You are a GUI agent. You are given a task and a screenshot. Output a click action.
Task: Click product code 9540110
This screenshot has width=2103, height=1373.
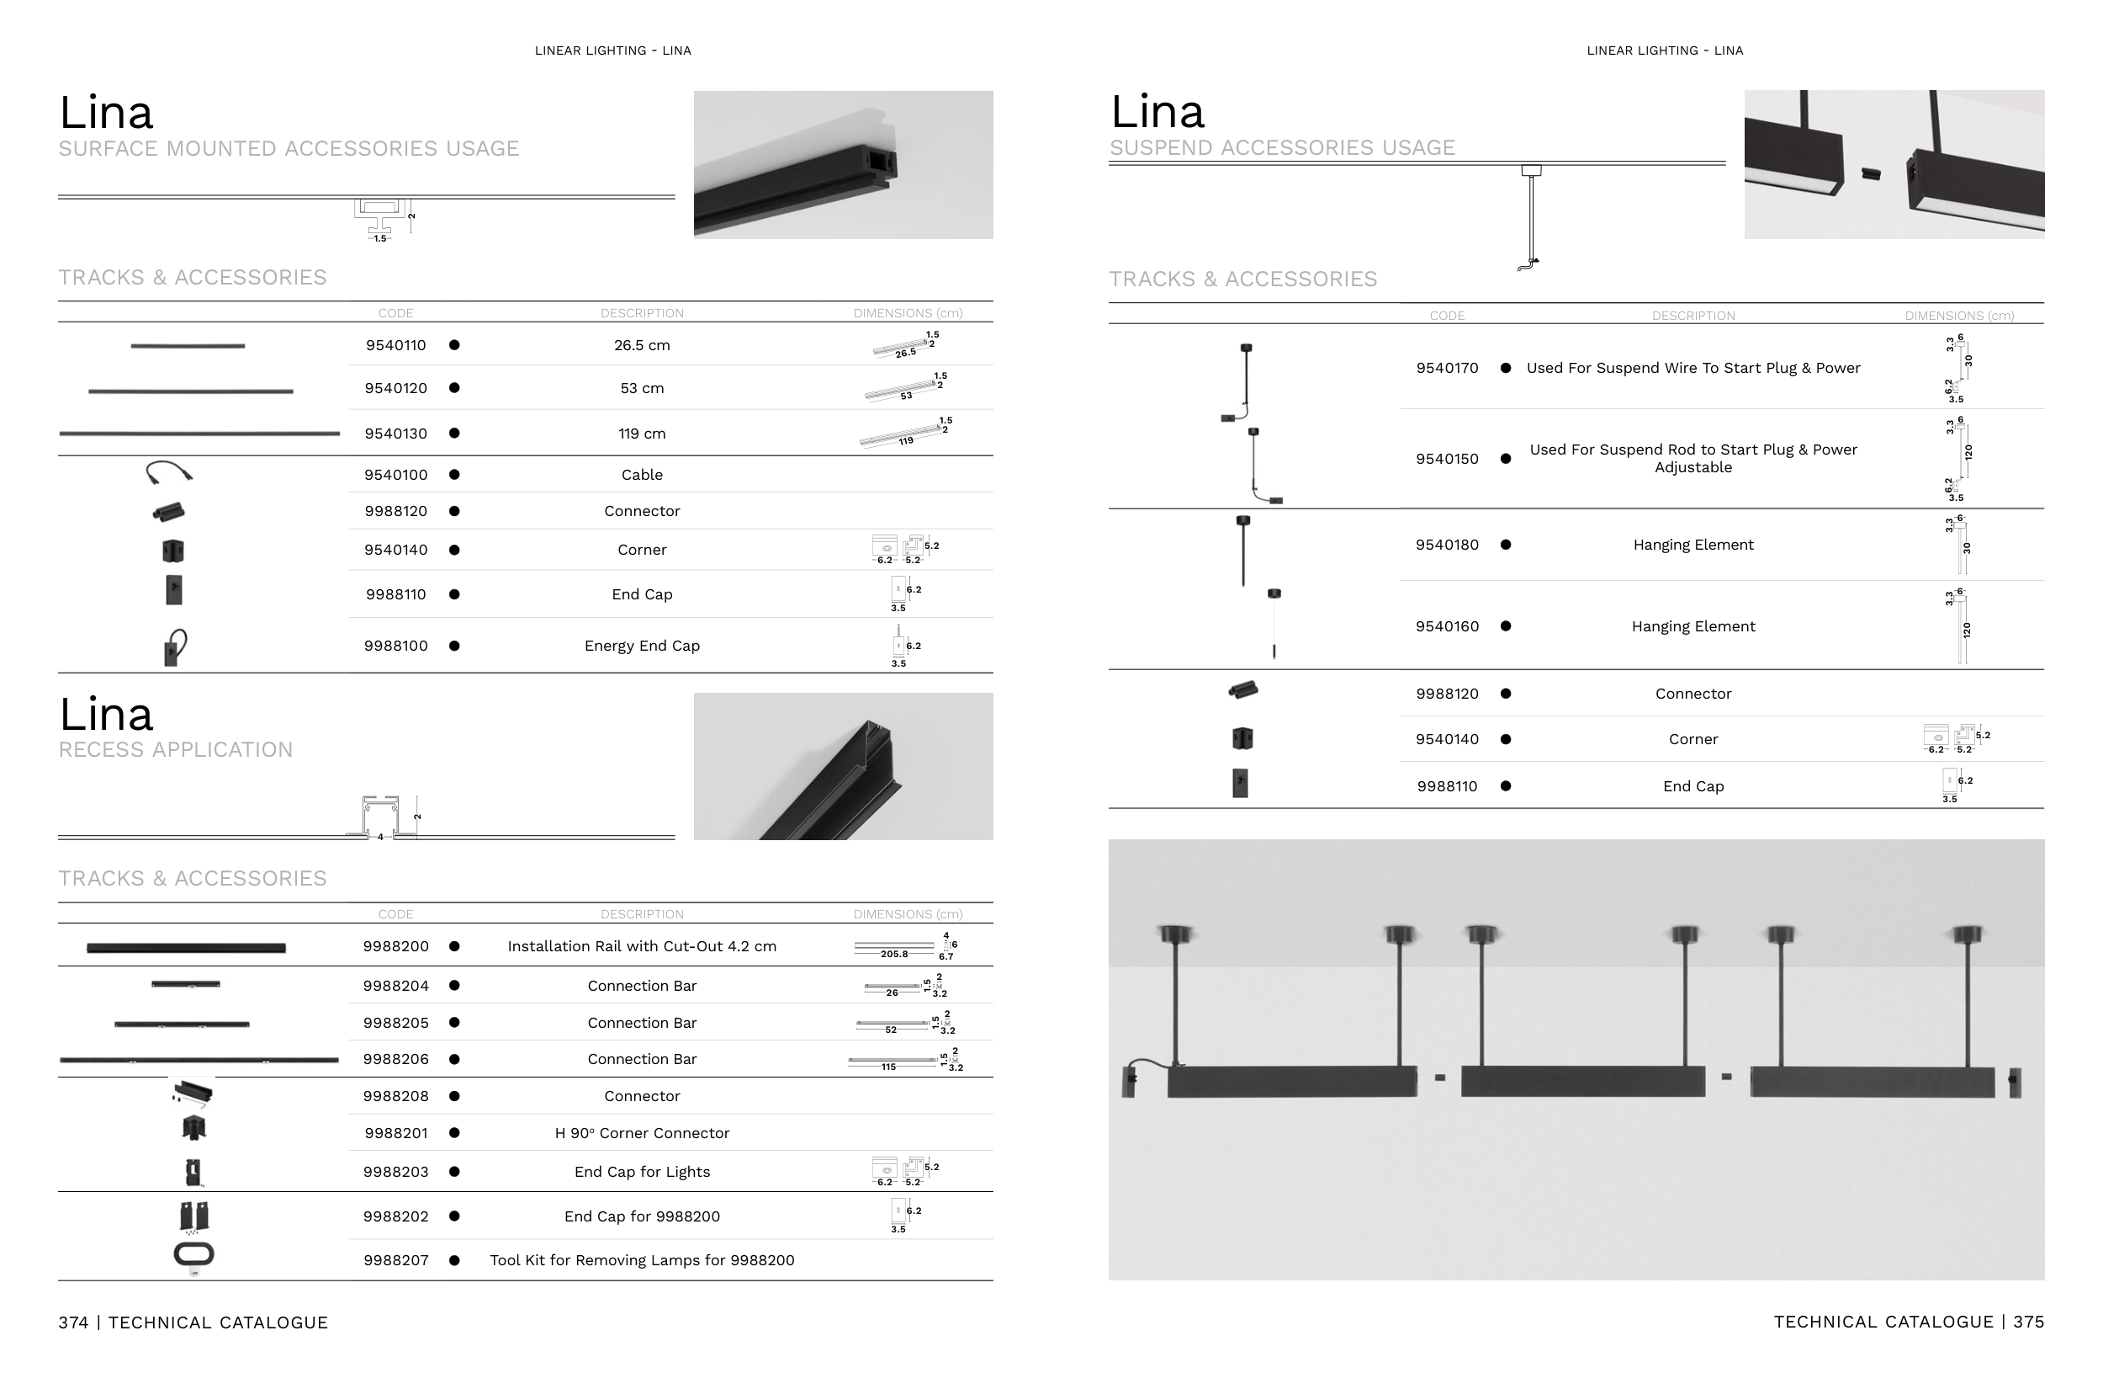click(396, 346)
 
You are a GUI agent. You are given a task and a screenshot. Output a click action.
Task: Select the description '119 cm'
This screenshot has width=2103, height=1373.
click(642, 434)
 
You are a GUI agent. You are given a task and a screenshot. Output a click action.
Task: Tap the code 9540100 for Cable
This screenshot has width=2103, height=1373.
click(396, 475)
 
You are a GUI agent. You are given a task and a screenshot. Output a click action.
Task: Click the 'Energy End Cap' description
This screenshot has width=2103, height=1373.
click(642, 647)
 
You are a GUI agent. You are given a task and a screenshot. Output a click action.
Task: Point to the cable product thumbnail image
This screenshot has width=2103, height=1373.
click(169, 473)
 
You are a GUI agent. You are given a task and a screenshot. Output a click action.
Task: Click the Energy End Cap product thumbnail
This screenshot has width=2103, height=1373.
click(175, 647)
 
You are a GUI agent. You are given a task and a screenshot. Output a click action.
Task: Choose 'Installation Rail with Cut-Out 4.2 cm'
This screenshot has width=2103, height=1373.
click(642, 947)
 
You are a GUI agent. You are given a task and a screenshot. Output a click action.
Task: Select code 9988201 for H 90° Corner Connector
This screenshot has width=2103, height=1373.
click(396, 1133)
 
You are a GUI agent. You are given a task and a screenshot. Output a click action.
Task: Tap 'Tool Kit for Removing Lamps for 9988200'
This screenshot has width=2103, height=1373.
click(642, 1261)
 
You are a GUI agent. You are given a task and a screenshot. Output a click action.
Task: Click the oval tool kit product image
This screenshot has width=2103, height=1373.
click(194, 1254)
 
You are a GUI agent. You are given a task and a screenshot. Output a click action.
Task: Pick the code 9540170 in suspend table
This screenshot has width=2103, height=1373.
click(1447, 369)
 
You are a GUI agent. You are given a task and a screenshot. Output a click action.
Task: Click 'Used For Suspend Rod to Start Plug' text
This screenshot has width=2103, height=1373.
click(1693, 450)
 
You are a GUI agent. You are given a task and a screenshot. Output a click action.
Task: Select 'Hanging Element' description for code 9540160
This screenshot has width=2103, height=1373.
click(1693, 627)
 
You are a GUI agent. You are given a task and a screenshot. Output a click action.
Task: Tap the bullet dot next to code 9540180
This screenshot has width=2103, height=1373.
click(1506, 545)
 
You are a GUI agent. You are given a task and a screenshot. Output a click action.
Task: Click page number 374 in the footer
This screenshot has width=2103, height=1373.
click(73, 1322)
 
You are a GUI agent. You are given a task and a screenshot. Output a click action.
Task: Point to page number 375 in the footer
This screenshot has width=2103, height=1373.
click(2029, 1322)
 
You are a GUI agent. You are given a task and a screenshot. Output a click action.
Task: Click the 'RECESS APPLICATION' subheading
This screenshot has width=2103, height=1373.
click(175, 750)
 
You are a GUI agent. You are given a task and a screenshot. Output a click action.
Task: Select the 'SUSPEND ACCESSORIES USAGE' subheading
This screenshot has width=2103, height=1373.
click(1282, 147)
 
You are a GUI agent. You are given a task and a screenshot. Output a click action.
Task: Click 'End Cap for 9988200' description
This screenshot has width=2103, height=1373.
click(642, 1216)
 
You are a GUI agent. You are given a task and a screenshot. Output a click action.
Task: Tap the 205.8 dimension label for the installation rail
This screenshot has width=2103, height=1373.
click(893, 955)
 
